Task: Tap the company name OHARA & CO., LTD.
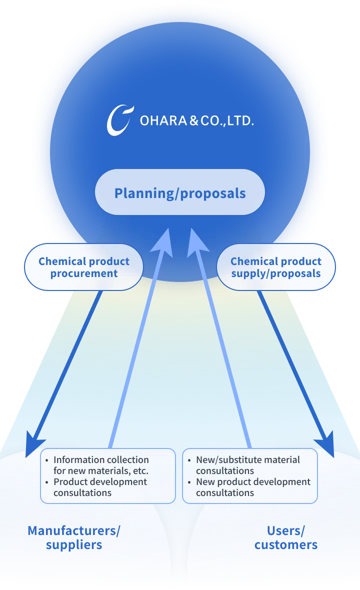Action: coord(196,120)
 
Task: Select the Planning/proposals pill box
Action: coord(180,192)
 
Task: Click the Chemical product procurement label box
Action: coord(84,267)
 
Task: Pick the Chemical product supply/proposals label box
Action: coord(276,267)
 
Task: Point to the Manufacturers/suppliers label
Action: coord(74,537)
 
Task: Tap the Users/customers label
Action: coord(286,537)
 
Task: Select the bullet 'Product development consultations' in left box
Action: coord(100,487)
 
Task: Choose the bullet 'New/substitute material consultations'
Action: coord(248,465)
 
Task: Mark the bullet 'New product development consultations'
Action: coord(253,487)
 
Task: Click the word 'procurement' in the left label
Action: coord(84,273)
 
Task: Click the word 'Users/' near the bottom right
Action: coord(286,530)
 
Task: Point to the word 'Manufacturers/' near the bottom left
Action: coord(74,530)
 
